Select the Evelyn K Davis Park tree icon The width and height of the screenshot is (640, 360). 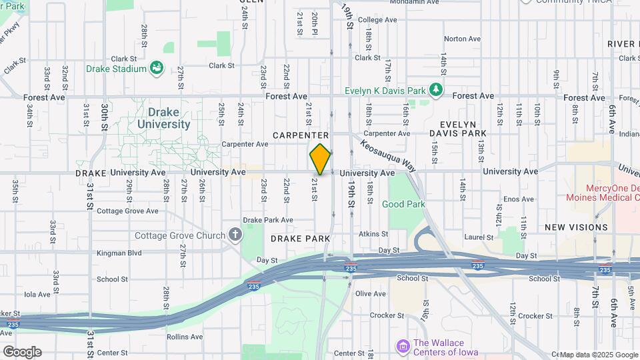[436, 90]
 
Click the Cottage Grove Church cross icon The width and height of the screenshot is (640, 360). [235, 235]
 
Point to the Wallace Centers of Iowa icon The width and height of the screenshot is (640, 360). [403, 347]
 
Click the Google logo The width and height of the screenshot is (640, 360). [22, 352]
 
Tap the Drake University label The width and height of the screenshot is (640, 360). [163, 118]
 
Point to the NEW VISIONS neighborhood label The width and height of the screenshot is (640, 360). [576, 227]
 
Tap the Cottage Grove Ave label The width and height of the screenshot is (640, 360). [127, 211]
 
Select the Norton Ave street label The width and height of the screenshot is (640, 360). [462, 39]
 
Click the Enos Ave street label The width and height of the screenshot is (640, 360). [519, 199]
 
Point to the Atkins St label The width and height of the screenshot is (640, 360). [373, 234]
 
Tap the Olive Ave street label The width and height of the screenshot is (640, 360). [371, 293]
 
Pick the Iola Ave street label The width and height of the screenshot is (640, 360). [37, 293]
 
